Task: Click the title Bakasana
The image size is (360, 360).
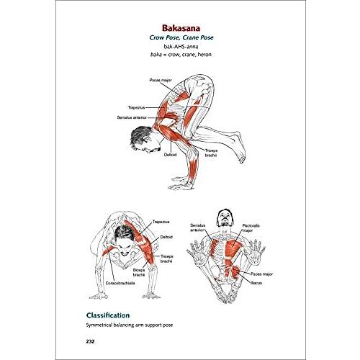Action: [181, 28]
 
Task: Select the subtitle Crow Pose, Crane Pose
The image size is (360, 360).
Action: [181, 37]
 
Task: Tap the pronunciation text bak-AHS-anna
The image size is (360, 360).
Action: [181, 46]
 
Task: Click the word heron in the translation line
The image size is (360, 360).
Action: [204, 55]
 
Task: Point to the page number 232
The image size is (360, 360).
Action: [90, 341]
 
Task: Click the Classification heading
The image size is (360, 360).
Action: [108, 315]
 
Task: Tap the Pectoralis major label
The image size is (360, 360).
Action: [251, 228]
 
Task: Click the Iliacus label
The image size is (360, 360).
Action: [256, 283]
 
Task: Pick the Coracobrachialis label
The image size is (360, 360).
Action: [120, 283]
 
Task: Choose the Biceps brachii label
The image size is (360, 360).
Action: [139, 272]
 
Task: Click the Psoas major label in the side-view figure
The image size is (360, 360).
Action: [161, 80]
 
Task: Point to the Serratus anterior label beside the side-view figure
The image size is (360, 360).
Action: [132, 117]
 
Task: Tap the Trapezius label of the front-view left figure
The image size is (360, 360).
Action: [161, 222]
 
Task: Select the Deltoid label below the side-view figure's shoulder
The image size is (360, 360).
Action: [170, 155]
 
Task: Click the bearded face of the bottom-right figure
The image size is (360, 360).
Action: [225, 218]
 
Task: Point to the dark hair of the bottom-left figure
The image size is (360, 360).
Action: [124, 233]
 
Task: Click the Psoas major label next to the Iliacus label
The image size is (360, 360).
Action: [261, 274]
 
